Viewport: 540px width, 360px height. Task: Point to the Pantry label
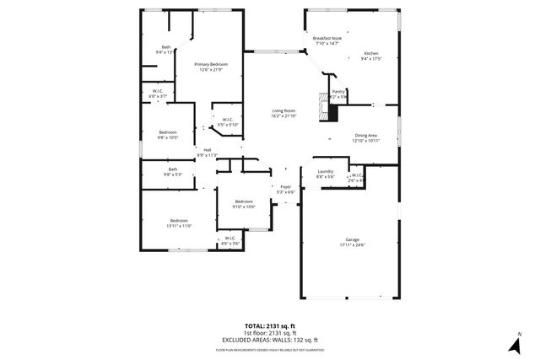pos(338,94)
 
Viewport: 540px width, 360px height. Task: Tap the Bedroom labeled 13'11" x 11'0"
pos(180,223)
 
